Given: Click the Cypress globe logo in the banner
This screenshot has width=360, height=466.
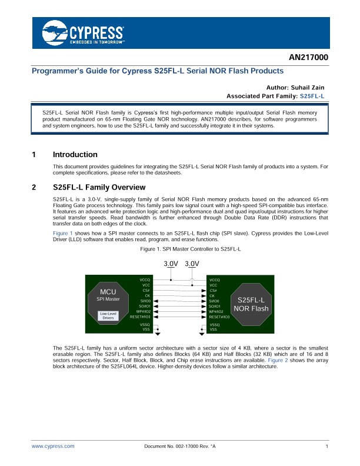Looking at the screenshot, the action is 55,33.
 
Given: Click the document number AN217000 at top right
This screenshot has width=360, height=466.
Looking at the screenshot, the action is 308,57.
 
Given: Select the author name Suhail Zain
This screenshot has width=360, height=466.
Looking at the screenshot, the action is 308,88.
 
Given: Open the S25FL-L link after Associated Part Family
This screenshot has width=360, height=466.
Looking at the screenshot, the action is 312,96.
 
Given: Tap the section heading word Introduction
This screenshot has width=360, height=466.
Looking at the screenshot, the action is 75,155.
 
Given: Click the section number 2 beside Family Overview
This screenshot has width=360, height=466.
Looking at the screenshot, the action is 34,187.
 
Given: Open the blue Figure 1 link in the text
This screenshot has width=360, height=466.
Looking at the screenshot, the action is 63,234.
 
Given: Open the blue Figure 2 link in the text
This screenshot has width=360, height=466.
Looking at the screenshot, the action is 278,360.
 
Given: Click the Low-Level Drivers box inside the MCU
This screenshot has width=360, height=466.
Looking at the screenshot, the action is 108,315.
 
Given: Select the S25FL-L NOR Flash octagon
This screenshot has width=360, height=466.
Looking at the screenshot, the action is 251,304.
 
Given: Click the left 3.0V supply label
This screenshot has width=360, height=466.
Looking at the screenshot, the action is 171,264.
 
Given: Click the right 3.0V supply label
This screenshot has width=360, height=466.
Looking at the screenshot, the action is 192,264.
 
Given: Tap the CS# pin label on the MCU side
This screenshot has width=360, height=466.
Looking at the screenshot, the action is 146,290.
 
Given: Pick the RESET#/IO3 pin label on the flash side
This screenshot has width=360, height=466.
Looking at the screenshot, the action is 219,317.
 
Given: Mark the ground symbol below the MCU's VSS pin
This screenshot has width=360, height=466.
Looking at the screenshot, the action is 158,334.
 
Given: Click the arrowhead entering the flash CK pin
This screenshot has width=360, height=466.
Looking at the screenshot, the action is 204,296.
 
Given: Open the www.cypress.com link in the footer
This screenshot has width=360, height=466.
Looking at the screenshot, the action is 53,446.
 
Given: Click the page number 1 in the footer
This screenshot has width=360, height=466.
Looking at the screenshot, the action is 326,446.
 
